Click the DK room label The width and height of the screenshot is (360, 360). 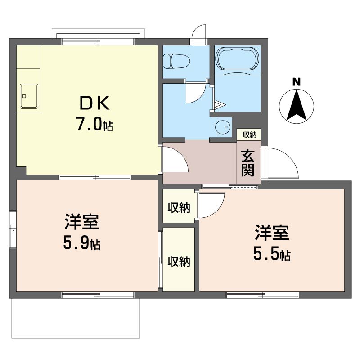point(94,103)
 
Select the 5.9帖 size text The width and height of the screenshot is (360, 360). point(82,243)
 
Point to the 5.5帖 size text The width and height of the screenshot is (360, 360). point(272,254)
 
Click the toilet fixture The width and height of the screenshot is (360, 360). point(176,61)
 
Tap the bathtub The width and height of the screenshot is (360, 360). point(238,59)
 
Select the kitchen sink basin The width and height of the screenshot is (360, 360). point(29,96)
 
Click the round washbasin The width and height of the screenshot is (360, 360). point(223,127)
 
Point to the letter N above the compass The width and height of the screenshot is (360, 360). point(297,82)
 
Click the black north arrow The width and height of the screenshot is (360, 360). point(297,105)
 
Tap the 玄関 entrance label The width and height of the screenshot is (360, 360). point(248,163)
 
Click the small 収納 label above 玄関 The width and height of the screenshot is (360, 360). point(249,135)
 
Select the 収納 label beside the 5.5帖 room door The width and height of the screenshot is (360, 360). point(179,207)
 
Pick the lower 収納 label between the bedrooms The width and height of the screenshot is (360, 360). point(179,262)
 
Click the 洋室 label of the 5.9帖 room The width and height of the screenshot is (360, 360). point(82,222)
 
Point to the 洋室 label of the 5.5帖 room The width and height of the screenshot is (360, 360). point(272,233)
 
